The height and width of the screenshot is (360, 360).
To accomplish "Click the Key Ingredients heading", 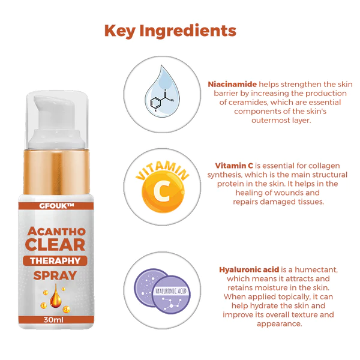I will [x=170, y=31].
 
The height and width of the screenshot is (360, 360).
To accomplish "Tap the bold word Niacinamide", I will [x=231, y=85].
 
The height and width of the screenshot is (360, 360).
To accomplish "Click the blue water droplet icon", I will [x=160, y=92].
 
